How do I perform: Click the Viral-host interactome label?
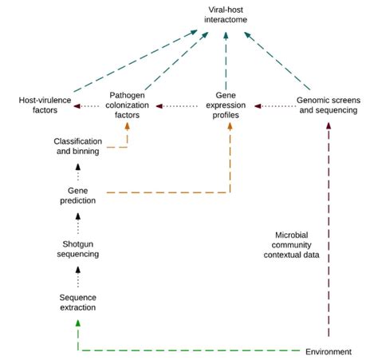[227, 14]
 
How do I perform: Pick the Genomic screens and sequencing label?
[328, 105]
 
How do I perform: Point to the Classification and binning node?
[77, 146]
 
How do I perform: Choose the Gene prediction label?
[77, 195]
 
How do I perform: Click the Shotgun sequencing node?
[77, 248]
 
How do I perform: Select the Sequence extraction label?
[77, 303]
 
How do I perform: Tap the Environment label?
[330, 351]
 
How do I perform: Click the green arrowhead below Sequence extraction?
[77, 322]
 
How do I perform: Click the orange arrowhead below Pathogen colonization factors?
[128, 125]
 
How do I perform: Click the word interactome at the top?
[227, 19]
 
